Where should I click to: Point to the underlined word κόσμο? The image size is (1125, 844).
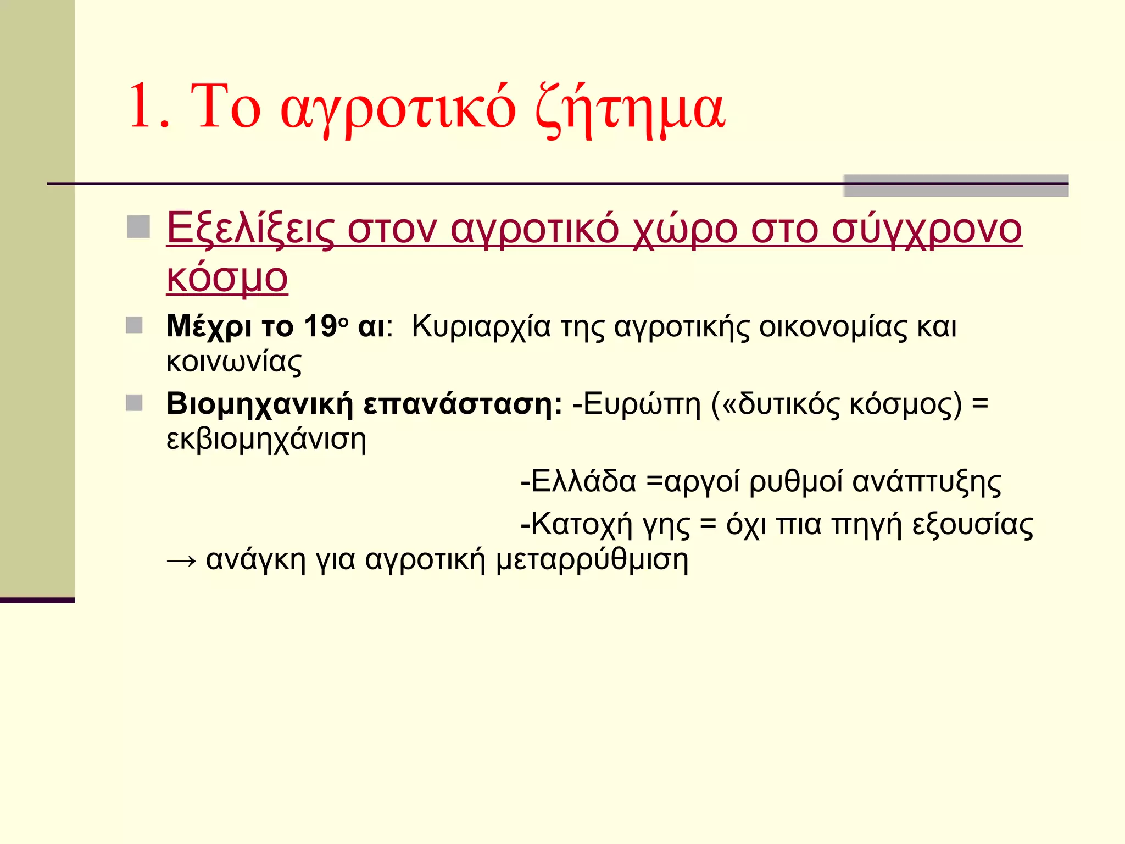click(227, 277)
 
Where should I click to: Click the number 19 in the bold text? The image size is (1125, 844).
click(320, 326)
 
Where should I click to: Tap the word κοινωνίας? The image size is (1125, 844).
click(234, 362)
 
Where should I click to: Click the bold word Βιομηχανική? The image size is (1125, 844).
click(259, 405)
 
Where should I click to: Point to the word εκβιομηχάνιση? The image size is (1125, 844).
click(266, 440)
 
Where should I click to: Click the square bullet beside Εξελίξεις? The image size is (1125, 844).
click(138, 227)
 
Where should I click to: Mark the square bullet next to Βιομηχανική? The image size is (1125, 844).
click(134, 403)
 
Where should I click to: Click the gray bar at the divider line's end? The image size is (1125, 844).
click(955, 186)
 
